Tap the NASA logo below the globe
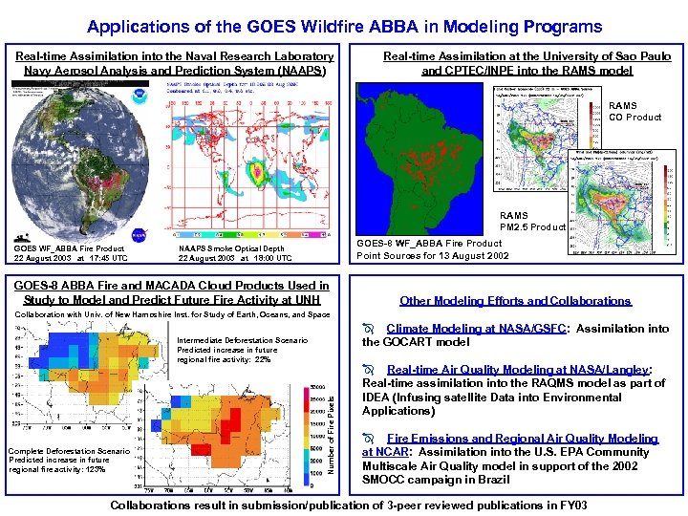[x=140, y=231]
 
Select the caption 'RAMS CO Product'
[x=634, y=112]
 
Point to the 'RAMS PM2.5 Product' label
[x=532, y=221]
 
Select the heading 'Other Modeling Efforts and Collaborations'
[x=515, y=301]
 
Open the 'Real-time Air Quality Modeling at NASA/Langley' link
[x=519, y=370]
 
